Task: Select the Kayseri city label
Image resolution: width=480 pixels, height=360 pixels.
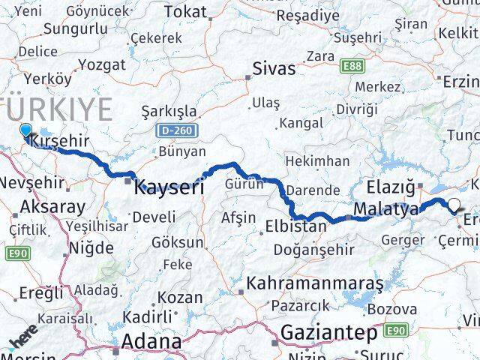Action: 169,187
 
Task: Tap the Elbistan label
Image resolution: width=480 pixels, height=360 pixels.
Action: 296,226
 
